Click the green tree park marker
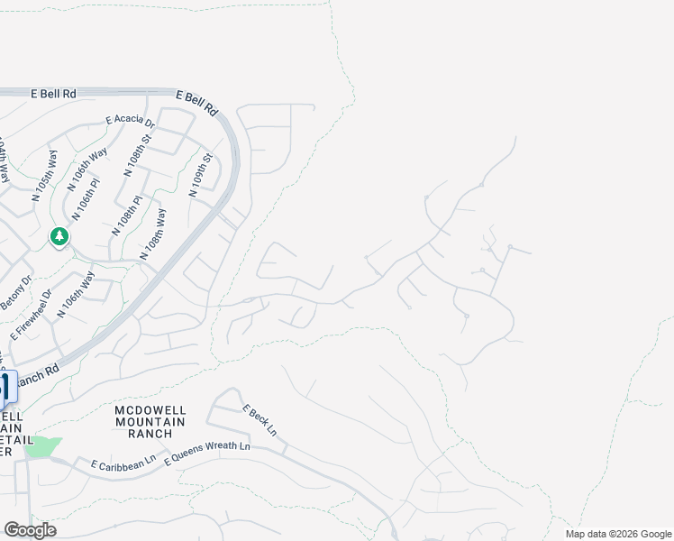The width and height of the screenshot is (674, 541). [x=59, y=236]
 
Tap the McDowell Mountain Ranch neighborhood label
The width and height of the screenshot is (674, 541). [x=150, y=421]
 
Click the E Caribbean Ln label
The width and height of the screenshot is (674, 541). [x=123, y=463]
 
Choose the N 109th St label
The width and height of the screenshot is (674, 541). [x=200, y=176]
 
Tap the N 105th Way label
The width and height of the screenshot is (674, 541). [x=43, y=175]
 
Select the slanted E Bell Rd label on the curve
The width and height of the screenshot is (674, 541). [x=198, y=102]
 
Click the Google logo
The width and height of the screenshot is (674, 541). [x=30, y=530]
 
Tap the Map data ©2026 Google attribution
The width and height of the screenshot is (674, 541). [x=617, y=534]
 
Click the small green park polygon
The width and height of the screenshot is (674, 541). [x=42, y=446]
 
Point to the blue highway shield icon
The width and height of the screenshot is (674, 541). [x=5, y=388]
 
